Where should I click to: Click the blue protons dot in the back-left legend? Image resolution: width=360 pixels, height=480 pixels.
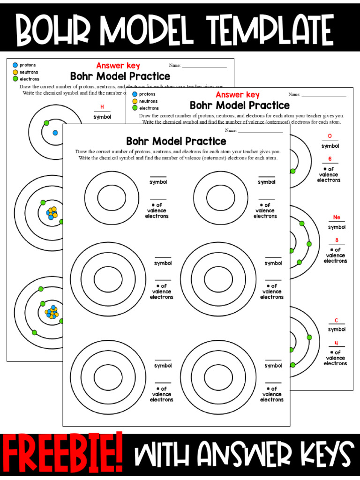click(15, 65)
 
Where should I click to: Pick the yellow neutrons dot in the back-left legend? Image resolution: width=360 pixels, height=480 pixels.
click(15, 72)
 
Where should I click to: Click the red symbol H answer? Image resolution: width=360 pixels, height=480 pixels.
click(102, 107)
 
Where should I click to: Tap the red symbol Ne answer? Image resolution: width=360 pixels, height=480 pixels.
click(337, 217)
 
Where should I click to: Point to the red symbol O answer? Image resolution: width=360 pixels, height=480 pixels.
click(330, 136)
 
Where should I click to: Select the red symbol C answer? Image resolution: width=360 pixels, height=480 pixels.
click(336, 321)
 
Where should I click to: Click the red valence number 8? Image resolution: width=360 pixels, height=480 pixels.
click(337, 240)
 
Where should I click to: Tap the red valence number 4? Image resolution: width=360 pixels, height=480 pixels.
click(336, 343)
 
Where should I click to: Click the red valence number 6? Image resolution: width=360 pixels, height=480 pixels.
click(330, 159)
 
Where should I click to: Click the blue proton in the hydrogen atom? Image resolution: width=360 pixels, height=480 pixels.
click(55, 133)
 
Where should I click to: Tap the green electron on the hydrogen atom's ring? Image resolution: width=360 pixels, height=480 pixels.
click(46, 123)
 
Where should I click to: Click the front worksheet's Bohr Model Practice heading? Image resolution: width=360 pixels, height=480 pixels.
click(176, 141)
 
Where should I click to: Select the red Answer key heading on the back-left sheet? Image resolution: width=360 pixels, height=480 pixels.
click(118, 66)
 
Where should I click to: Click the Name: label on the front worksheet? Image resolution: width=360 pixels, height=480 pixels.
click(231, 130)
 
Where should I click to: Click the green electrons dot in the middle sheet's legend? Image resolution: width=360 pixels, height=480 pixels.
click(135, 108)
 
